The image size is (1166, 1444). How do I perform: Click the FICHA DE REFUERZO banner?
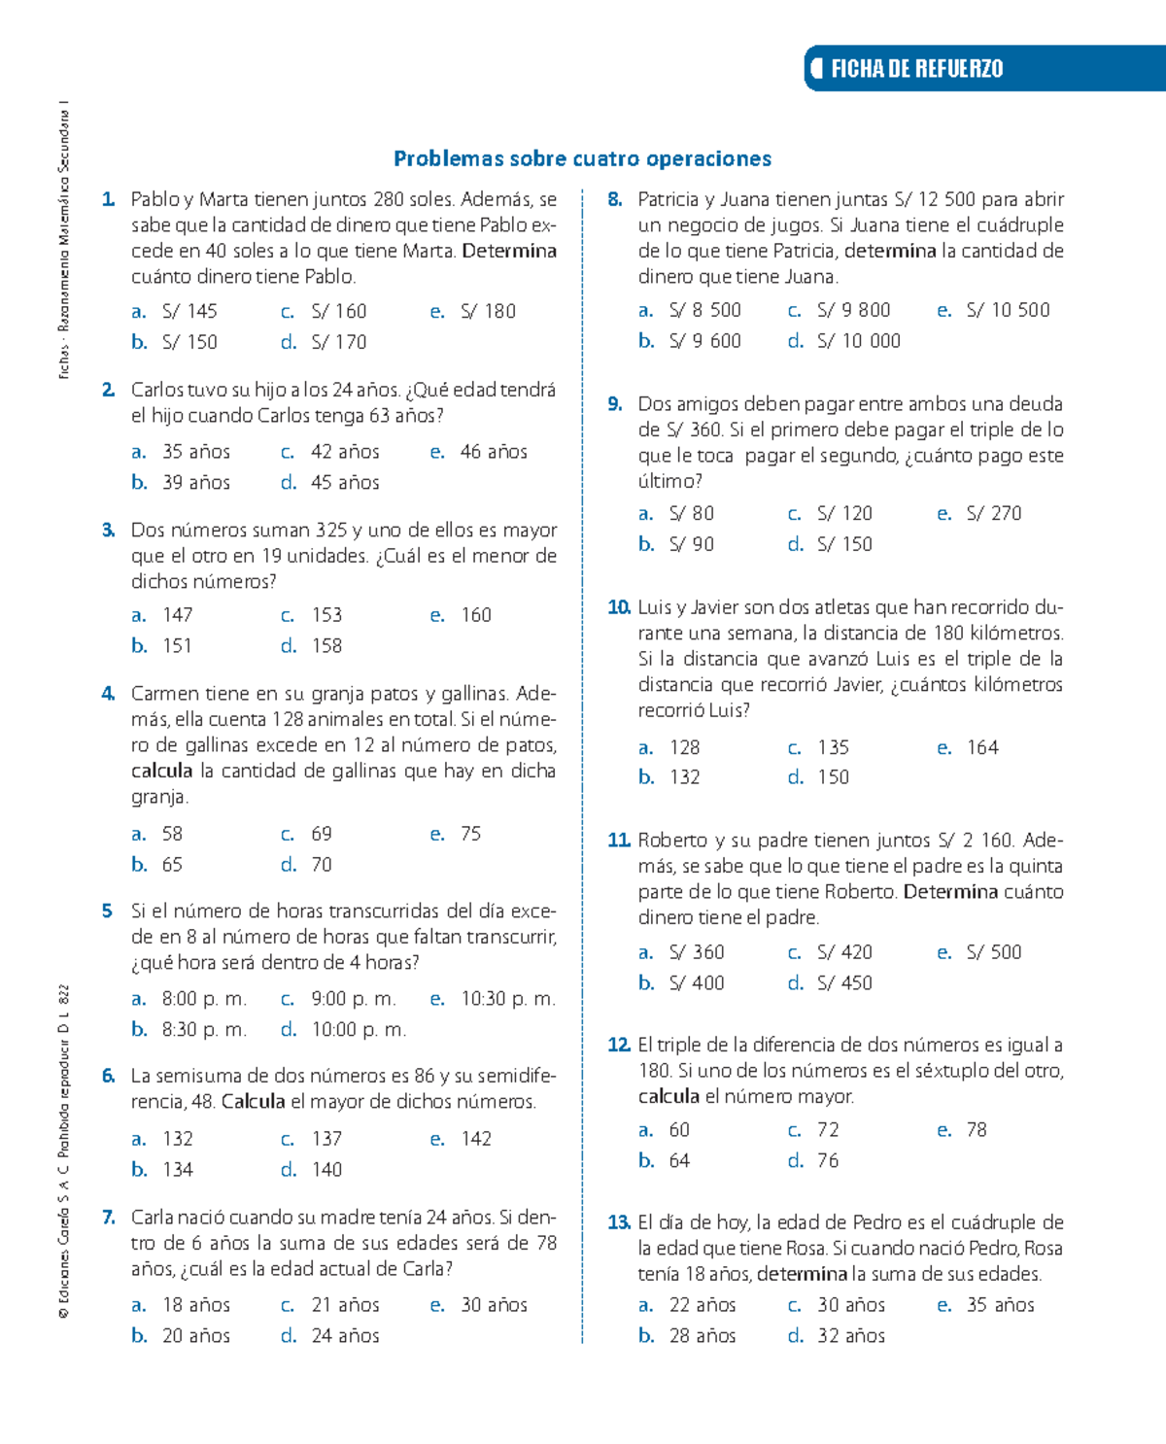[x=915, y=68]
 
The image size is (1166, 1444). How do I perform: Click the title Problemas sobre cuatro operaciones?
[x=582, y=158]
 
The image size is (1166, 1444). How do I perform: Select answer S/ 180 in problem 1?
[x=488, y=311]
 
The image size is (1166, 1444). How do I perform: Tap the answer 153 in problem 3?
[x=326, y=615]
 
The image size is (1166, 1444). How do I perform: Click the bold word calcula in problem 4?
[x=162, y=771]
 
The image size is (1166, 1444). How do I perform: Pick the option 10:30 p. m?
[x=507, y=999]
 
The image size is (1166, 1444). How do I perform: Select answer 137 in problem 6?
[x=326, y=1138]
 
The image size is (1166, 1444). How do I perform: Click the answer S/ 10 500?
[x=1008, y=310]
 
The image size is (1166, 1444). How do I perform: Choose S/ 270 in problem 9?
[x=993, y=513]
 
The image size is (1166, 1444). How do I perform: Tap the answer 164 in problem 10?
[x=982, y=747]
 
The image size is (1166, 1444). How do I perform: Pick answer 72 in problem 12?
[x=828, y=1129]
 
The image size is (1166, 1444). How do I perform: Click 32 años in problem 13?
[x=851, y=1335]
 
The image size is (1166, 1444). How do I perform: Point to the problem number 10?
[x=619, y=607]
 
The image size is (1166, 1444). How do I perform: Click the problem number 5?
[x=107, y=911]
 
